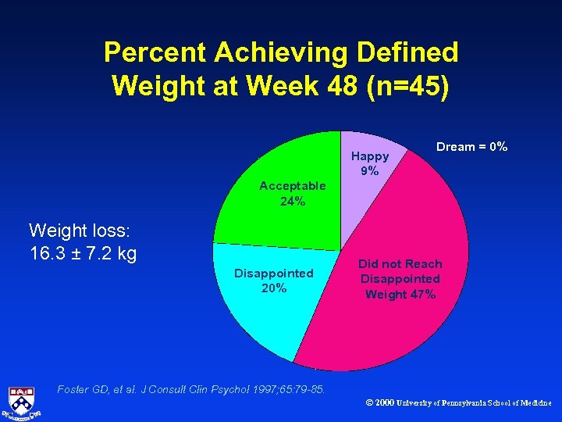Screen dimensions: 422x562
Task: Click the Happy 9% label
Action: coord(369,163)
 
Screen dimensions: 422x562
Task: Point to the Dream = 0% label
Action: coord(471,146)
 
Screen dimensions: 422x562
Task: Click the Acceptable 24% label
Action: coord(292,193)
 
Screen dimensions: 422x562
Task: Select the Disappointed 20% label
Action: coord(273,280)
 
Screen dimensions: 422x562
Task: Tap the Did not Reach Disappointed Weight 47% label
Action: coord(400,279)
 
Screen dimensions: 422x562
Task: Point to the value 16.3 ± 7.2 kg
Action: coord(83,253)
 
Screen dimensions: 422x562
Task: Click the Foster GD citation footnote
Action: coord(191,388)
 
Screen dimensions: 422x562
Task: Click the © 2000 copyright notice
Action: coord(457,403)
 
